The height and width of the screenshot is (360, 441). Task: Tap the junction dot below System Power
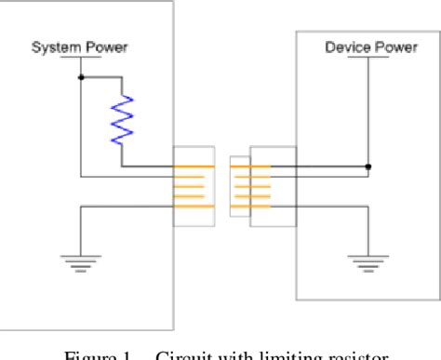81,76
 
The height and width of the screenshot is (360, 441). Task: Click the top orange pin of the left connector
193,167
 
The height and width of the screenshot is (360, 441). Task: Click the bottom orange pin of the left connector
193,207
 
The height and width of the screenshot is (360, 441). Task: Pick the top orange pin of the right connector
252,167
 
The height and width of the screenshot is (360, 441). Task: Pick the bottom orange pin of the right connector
252,207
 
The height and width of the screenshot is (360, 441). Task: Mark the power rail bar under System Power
80,57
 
